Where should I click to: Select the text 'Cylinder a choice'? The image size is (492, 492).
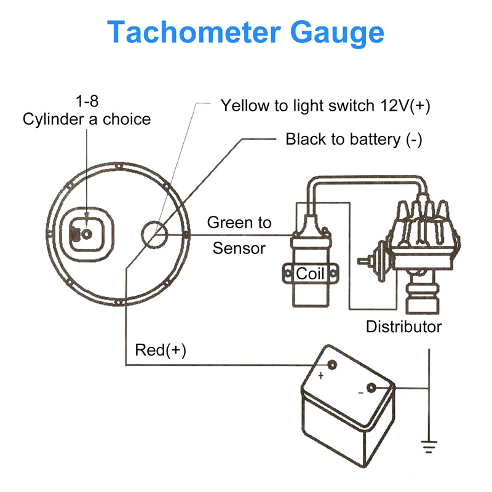86,119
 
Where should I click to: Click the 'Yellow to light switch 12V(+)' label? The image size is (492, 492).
325,106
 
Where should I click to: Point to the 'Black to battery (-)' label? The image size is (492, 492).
354,140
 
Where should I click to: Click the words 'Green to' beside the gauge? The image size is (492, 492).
239,222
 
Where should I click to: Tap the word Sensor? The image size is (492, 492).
239,248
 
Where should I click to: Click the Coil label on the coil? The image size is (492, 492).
310,273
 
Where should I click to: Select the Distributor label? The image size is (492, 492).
403,326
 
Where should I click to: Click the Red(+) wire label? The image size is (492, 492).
160,351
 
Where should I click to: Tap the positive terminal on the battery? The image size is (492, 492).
332,365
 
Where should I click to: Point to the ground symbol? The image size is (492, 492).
428,445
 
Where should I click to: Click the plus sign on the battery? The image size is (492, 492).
320,375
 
